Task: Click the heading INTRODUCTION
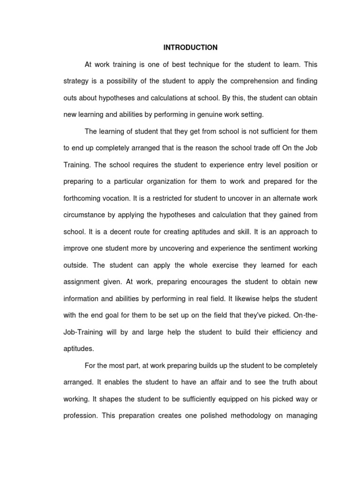(x=190, y=47)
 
